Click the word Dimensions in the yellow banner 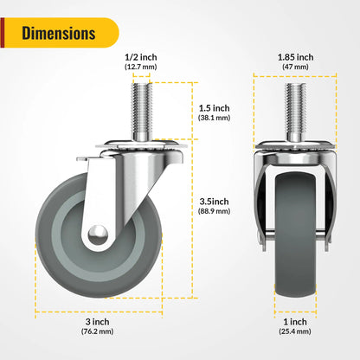(58, 34)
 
